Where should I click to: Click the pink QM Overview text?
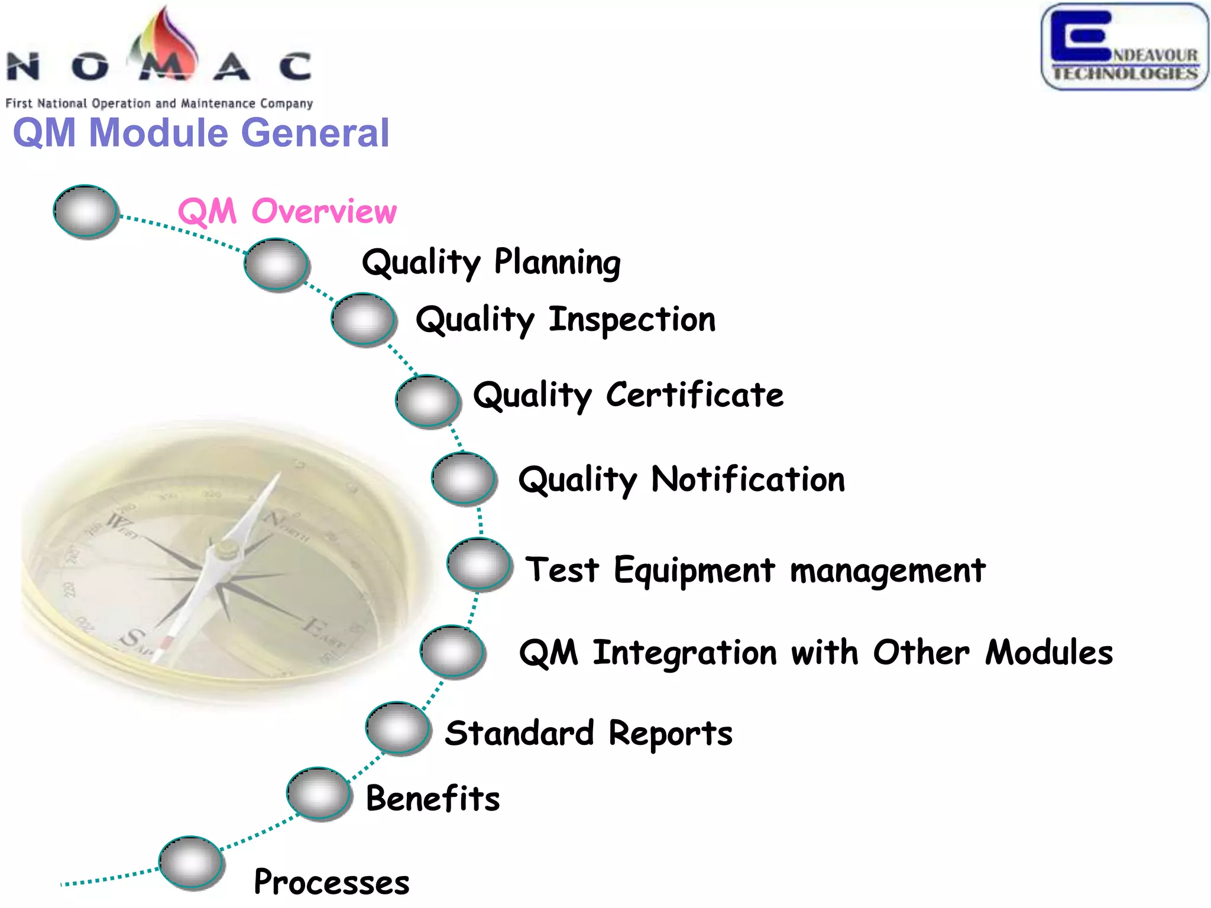pyautogui.click(x=287, y=212)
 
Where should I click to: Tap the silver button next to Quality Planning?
pyautogui.click(x=276, y=264)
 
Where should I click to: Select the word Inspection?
pyautogui.click(x=632, y=320)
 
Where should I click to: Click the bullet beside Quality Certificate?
pyautogui.click(x=427, y=401)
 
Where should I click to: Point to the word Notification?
pyautogui.click(x=748, y=479)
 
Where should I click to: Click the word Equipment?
pyautogui.click(x=694, y=570)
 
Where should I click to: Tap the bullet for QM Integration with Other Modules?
pyautogui.click(x=452, y=651)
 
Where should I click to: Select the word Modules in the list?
pyautogui.click(x=1049, y=653)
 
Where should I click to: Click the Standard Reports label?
pyautogui.click(x=588, y=734)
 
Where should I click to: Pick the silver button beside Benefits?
pyautogui.click(x=319, y=793)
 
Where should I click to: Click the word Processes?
pyautogui.click(x=332, y=882)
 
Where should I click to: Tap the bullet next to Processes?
pyautogui.click(x=191, y=862)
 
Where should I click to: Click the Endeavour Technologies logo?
pyautogui.click(x=1124, y=47)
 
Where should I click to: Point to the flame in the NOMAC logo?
pyautogui.click(x=166, y=41)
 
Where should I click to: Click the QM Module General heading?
pyautogui.click(x=201, y=132)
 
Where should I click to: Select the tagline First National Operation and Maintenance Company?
pyautogui.click(x=159, y=103)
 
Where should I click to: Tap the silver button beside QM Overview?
pyautogui.click(x=86, y=211)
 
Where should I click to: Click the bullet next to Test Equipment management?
pyautogui.click(x=479, y=564)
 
